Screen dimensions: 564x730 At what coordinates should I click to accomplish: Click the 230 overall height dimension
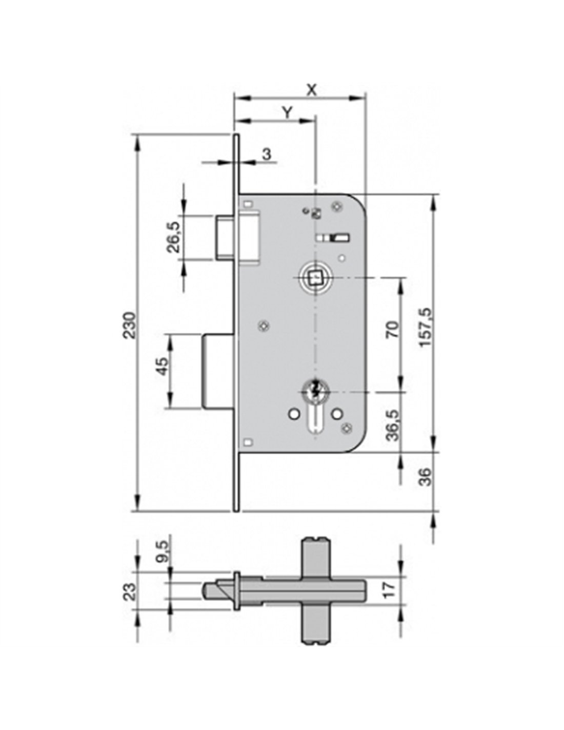(x=130, y=325)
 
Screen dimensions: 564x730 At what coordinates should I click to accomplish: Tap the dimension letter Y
(x=286, y=113)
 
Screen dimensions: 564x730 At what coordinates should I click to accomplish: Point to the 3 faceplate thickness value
(x=266, y=155)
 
